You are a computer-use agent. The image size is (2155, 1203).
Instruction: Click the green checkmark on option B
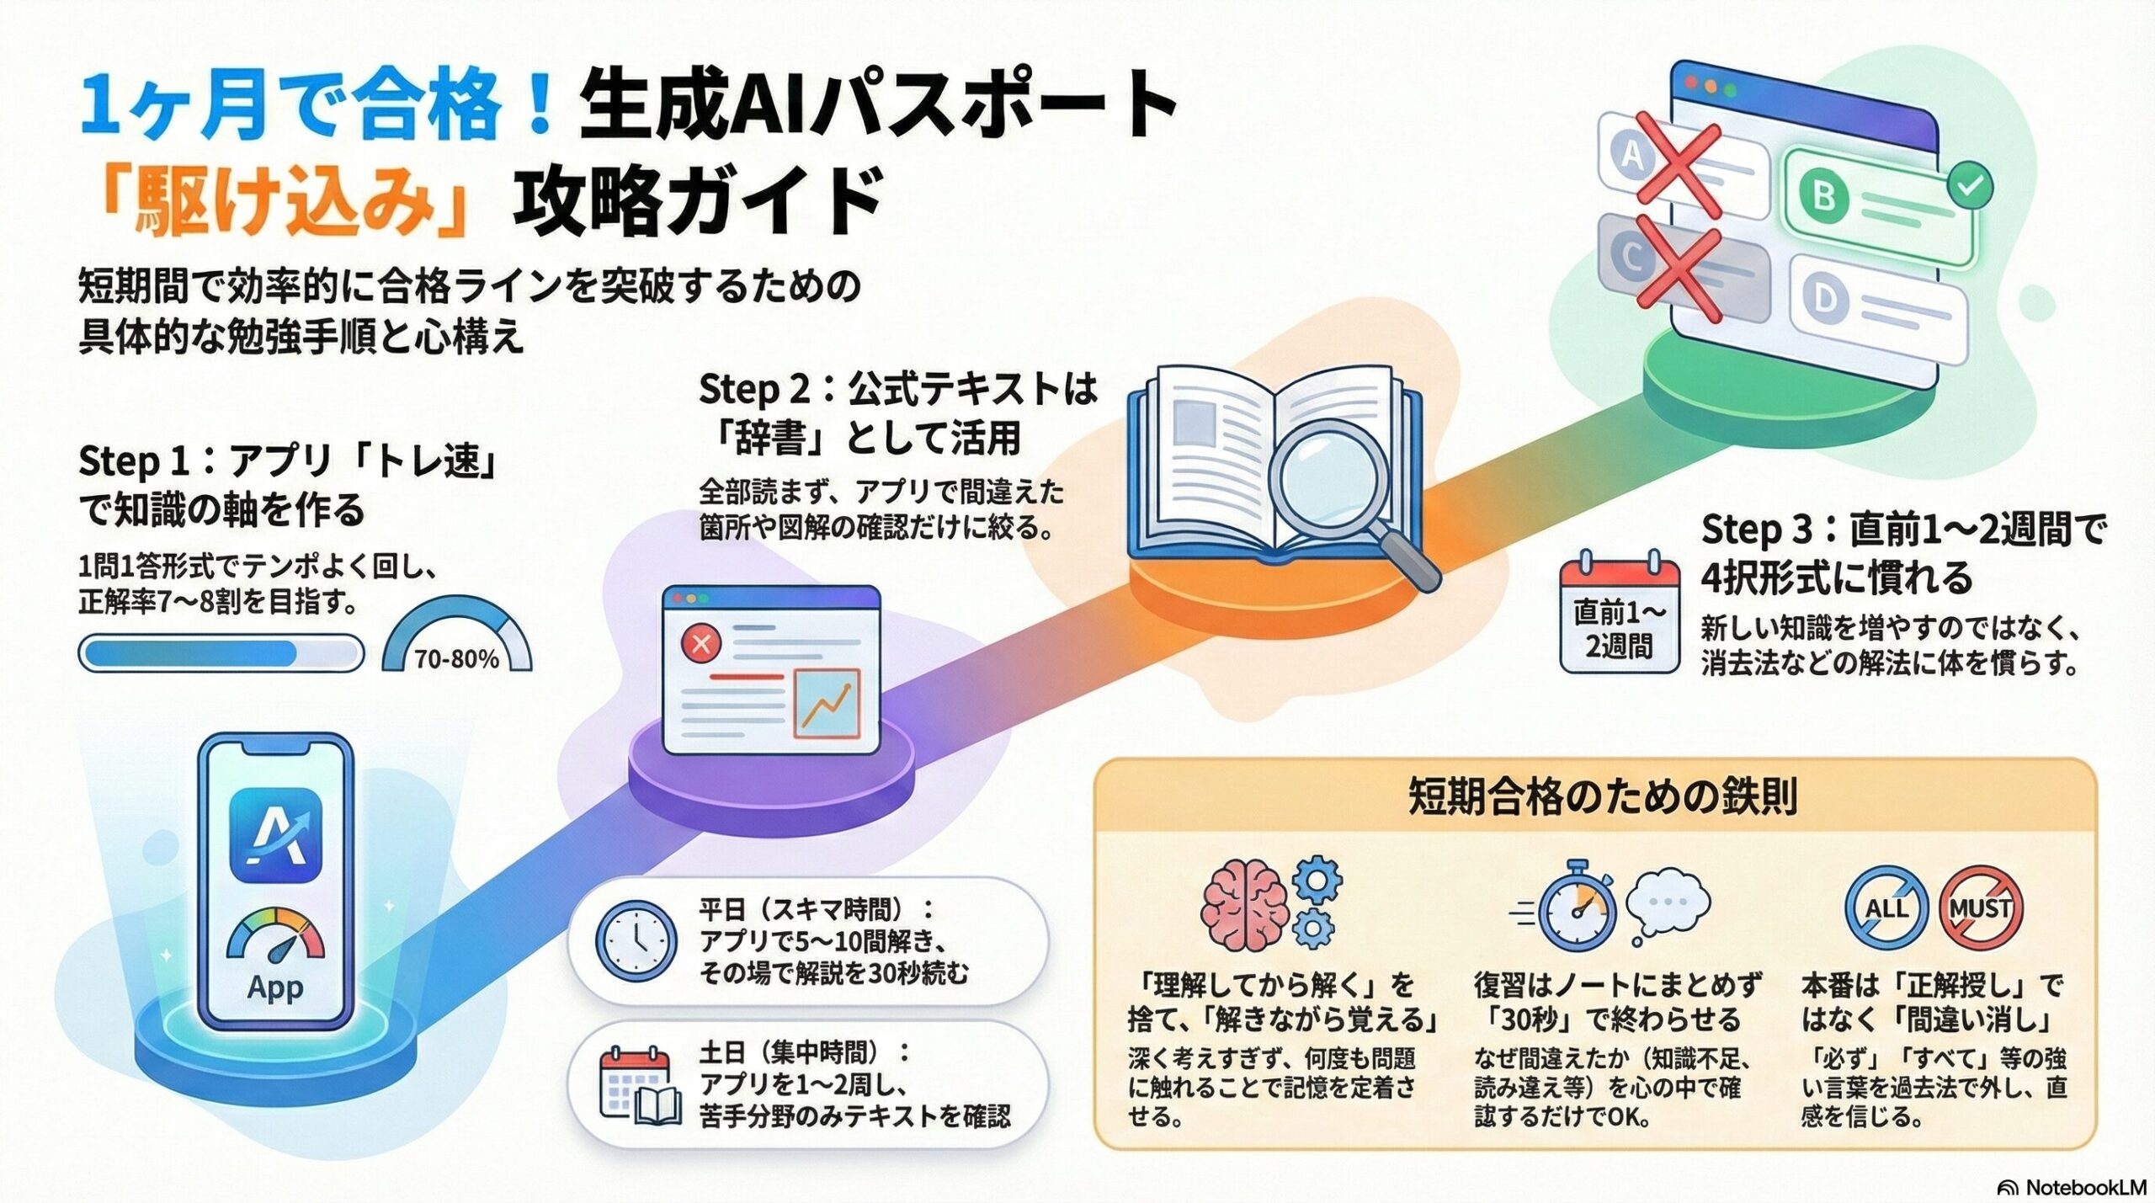[1970, 184]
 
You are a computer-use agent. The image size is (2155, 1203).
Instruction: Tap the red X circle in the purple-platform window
[700, 645]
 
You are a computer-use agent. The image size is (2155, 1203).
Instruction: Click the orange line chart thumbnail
[827, 704]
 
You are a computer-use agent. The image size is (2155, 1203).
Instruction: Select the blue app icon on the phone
[275, 835]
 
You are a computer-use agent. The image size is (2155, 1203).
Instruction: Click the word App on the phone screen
[275, 987]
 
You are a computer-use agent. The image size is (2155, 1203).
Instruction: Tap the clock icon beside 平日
[636, 940]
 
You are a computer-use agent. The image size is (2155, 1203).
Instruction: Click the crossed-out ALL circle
[1886, 908]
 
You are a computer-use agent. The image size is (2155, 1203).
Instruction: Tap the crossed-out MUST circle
[1981, 908]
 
